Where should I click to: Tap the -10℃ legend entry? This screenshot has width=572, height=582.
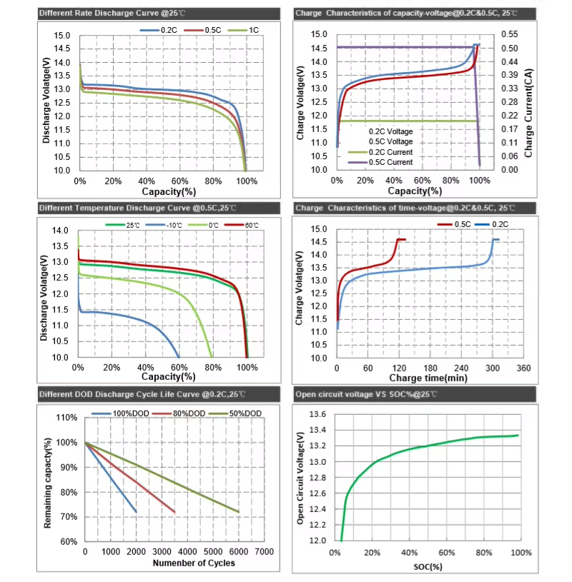(172, 225)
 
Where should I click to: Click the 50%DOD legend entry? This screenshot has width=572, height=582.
(247, 413)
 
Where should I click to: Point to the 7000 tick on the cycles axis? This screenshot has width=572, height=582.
(263, 552)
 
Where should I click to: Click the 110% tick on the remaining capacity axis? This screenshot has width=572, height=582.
(66, 418)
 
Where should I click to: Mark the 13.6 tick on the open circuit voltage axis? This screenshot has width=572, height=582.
(317, 414)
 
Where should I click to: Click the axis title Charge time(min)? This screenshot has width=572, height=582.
(428, 377)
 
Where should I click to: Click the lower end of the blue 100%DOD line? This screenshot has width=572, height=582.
(136, 511)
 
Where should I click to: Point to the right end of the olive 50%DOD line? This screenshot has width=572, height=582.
(238, 511)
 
